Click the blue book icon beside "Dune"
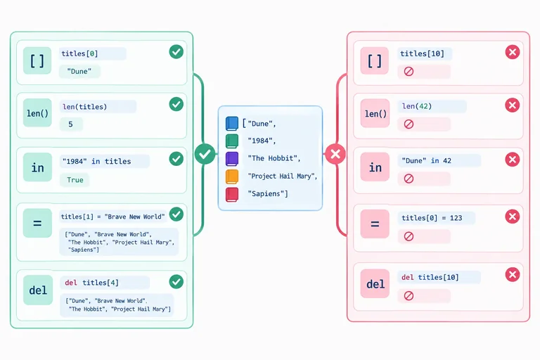click(x=232, y=123)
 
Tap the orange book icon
click(x=232, y=176)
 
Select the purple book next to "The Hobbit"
click(x=232, y=159)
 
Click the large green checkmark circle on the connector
click(x=205, y=154)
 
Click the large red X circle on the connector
click(x=335, y=154)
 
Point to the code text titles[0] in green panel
click(x=79, y=53)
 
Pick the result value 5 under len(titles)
click(x=70, y=124)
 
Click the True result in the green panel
click(x=75, y=180)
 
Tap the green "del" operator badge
click(x=38, y=290)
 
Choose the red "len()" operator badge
click(x=375, y=114)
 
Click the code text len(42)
click(x=417, y=106)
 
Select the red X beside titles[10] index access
click(x=513, y=52)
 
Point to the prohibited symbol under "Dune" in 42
click(x=409, y=179)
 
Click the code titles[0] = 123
click(x=432, y=218)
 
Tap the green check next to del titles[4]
click(x=176, y=282)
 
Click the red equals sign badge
click(x=375, y=224)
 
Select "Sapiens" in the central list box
click(x=268, y=193)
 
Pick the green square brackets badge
click(x=37, y=60)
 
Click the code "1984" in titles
click(x=97, y=161)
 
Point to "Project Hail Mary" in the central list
click(x=283, y=176)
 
